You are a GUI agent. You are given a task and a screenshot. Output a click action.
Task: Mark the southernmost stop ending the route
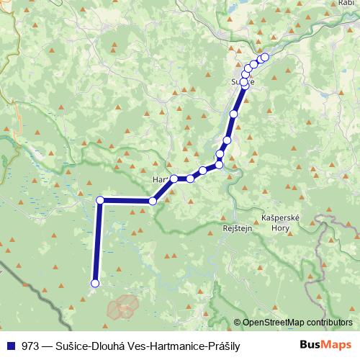(x=94, y=284)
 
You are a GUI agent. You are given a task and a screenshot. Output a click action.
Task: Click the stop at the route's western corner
(x=101, y=200)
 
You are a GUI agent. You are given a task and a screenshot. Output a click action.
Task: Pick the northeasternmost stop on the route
(x=264, y=57)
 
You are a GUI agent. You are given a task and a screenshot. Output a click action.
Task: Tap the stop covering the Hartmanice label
(x=174, y=179)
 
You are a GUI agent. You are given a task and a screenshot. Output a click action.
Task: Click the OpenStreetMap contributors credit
(x=297, y=323)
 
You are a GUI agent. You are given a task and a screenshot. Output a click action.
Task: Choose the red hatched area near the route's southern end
(x=123, y=307)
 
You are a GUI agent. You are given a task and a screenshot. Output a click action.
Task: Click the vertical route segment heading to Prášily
(x=96, y=245)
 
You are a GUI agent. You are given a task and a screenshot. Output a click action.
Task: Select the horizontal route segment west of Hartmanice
(x=127, y=201)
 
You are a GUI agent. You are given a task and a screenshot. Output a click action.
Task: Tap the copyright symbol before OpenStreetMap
(x=237, y=323)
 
